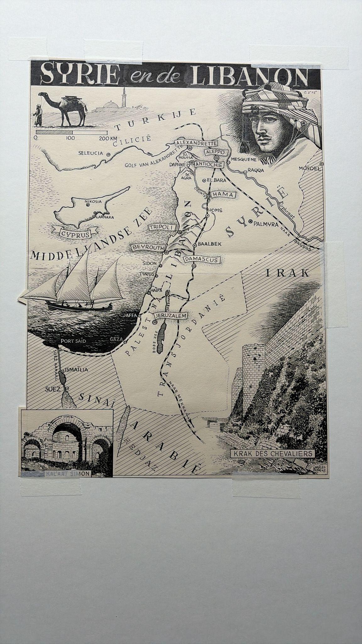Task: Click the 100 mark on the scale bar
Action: [71, 138]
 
